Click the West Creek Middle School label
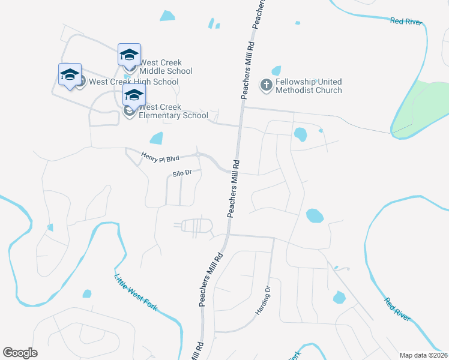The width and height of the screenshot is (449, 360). click(165, 67)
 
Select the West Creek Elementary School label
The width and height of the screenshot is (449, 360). click(173, 111)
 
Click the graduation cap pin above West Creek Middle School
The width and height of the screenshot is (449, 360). click(129, 55)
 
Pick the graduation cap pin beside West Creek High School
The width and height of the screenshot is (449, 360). click(70, 75)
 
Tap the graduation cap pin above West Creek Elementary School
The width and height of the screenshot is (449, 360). click(134, 95)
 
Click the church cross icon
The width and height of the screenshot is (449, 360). click(267, 85)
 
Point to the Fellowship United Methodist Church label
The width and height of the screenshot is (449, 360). click(309, 86)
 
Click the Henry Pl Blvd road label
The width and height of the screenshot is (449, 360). click(160, 158)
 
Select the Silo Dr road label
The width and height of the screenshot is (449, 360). click(182, 173)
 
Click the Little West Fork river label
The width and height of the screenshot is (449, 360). click(136, 292)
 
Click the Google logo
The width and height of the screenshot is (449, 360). click(20, 353)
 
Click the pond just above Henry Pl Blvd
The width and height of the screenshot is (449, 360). click(156, 139)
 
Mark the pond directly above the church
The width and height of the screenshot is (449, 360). click(276, 71)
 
